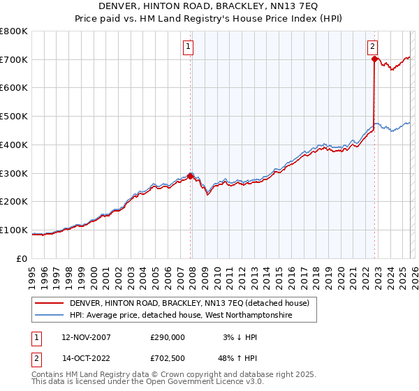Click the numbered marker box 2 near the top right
[x=373, y=47]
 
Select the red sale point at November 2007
[x=191, y=176]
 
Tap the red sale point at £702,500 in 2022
[x=375, y=59]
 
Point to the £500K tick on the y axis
[x=14, y=117]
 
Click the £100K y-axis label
[x=14, y=230]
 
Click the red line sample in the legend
[x=49, y=303]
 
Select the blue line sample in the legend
[x=49, y=316]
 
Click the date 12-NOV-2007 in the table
[x=86, y=337]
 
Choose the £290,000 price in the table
[x=168, y=337]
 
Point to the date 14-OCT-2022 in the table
[x=86, y=357]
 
